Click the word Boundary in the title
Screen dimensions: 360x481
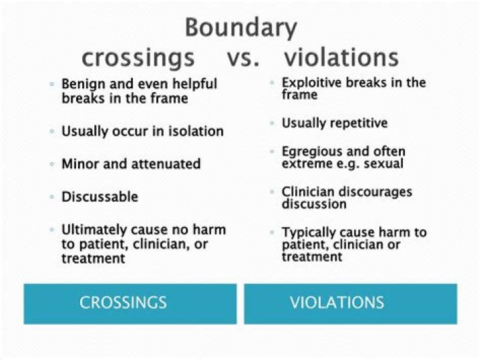240,28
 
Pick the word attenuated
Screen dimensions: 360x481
167,164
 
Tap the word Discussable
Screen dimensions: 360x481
100,197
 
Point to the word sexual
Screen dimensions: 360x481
384,164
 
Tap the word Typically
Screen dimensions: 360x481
308,233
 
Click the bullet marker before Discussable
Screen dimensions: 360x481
52,197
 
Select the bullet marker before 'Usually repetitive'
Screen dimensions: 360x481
273,124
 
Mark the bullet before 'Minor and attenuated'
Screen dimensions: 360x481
52,164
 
